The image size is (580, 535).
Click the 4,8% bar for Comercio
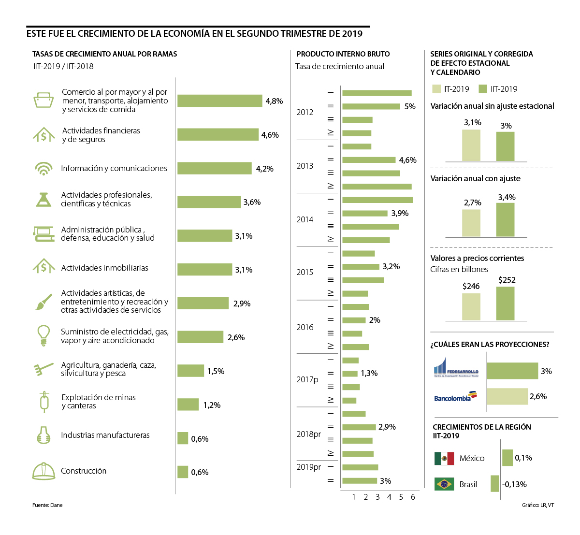click(x=219, y=101)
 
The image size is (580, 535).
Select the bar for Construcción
click(x=183, y=472)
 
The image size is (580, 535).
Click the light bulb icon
click(x=44, y=335)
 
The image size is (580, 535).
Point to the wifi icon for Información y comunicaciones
click(x=43, y=169)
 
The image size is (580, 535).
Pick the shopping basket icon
click(x=43, y=100)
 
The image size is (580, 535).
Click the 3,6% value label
click(x=252, y=202)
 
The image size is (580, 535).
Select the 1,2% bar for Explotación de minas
click(x=188, y=405)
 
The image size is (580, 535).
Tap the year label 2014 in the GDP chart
click(x=305, y=219)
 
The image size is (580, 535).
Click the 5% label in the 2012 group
click(x=410, y=106)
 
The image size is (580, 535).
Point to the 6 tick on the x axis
click(x=413, y=497)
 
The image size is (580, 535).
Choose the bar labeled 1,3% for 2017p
click(x=349, y=374)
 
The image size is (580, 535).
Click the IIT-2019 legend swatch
click(x=483, y=89)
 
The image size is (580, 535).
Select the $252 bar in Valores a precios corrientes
click(x=505, y=304)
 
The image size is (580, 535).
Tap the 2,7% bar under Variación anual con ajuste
click(x=471, y=222)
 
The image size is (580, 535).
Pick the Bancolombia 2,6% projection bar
click(x=507, y=396)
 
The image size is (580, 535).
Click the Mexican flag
click(x=444, y=458)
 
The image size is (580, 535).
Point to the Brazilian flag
click(x=444, y=484)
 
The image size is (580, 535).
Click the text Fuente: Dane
click(x=47, y=505)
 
